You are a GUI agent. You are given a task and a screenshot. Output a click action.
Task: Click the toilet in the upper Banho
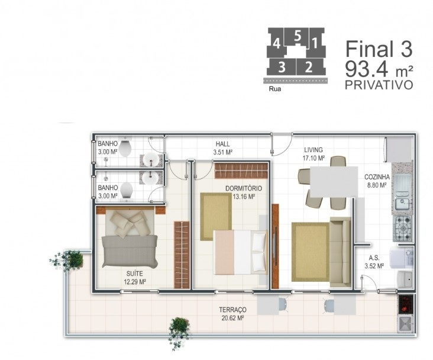click(x=125, y=148)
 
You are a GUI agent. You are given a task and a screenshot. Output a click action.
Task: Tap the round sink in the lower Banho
click(x=150, y=178)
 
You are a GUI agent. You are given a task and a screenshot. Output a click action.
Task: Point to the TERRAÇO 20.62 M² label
click(x=232, y=314)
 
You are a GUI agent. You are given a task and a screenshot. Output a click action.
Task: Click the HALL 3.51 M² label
click(x=222, y=148)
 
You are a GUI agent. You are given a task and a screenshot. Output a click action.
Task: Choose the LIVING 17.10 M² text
click(x=314, y=154)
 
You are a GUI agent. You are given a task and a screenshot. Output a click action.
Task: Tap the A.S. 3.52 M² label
click(x=374, y=262)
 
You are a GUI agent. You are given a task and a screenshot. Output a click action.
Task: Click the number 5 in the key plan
click(x=298, y=36)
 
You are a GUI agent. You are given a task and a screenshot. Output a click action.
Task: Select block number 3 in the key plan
click(x=282, y=67)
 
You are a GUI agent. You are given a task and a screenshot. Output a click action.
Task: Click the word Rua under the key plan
click(x=275, y=89)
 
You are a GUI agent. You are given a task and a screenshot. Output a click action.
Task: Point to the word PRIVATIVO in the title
click(x=379, y=85)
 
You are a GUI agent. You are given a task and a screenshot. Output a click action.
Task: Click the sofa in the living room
click(x=340, y=252)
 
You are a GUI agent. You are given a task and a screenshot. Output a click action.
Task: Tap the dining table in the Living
click(x=334, y=181)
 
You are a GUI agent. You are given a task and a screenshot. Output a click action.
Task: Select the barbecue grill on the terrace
click(x=405, y=304)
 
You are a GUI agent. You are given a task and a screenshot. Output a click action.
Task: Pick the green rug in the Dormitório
click(x=216, y=217)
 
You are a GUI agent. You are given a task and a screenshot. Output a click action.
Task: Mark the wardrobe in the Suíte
click(x=182, y=255)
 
